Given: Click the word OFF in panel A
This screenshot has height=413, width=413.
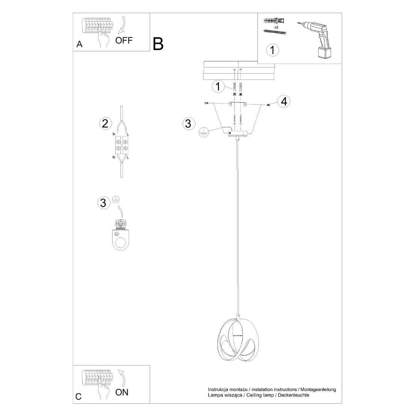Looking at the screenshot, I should point(124,41).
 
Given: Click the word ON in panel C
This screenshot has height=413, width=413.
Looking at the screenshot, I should point(122,392).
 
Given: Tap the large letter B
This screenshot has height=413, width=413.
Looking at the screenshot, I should point(158,44).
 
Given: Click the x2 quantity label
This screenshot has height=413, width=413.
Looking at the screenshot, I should point(276,27).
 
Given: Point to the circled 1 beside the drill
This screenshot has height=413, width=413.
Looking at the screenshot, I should point(273,50).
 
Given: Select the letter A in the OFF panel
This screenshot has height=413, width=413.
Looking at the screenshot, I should point(79,44).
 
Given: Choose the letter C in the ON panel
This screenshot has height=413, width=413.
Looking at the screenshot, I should point(78,396).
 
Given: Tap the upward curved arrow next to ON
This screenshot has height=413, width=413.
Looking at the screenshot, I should point(121,377).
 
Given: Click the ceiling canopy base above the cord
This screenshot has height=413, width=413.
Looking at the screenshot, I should point(238,133).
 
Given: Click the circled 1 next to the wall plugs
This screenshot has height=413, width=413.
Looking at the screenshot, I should point(218,87).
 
